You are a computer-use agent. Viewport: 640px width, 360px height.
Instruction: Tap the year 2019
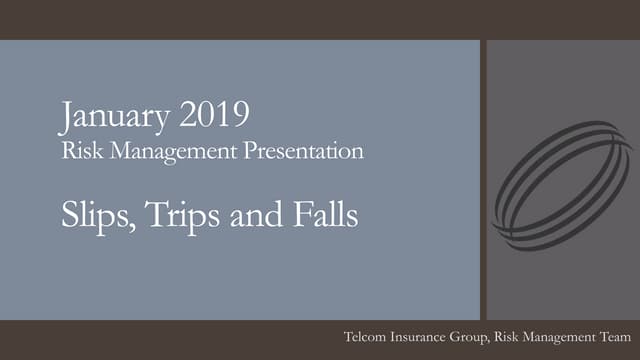[215, 118]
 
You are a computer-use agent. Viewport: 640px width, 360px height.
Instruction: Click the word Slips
[90, 213]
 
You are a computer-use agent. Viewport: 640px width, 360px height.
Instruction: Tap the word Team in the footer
[612, 341]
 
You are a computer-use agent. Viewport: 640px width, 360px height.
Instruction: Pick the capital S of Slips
[67, 213]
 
